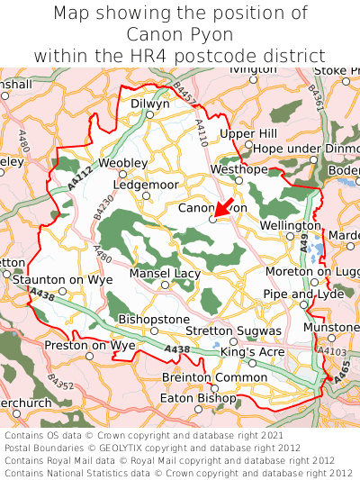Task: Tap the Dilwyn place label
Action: pyautogui.click(x=150, y=104)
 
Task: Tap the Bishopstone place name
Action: pyautogui.click(x=154, y=319)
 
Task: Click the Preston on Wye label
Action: pyautogui.click(x=90, y=345)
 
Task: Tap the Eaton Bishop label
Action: pyautogui.click(x=197, y=397)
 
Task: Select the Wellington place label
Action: pyautogui.click(x=290, y=225)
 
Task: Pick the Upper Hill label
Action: pyautogui.click(x=249, y=133)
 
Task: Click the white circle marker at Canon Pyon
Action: pyautogui.click(x=213, y=219)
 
